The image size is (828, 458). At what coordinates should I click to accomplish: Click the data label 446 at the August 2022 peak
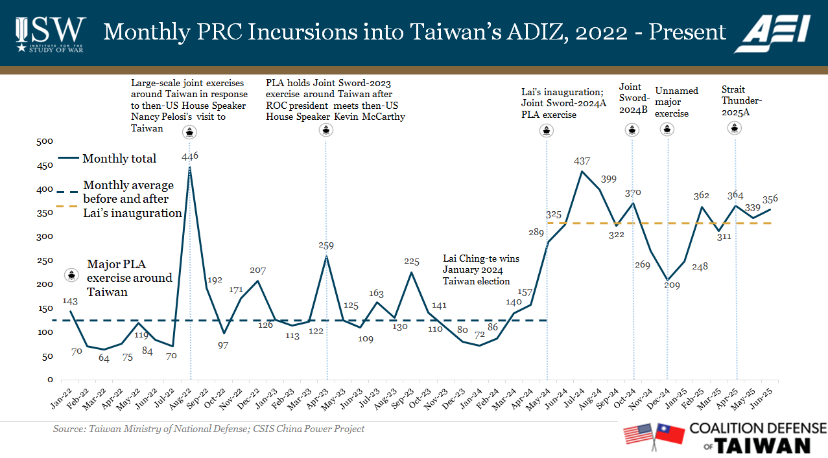point(190,156)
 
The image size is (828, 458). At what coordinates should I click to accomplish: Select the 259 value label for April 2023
point(326,246)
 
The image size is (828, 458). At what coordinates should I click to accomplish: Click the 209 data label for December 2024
point(672,284)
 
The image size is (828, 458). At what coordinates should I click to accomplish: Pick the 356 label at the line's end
point(770,199)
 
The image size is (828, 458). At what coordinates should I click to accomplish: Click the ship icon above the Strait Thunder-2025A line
point(735,128)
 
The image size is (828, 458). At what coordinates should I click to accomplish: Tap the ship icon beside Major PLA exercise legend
point(71,275)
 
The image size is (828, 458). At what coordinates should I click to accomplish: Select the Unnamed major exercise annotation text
point(676,102)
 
